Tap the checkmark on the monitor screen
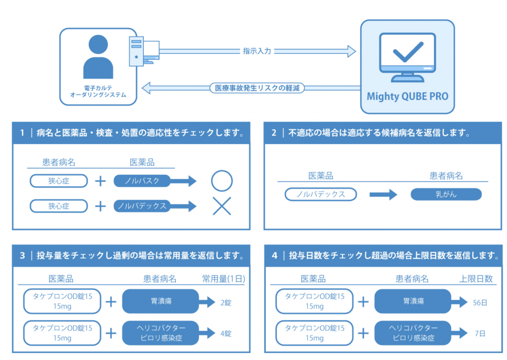(x=408, y=52)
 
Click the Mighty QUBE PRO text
(x=407, y=97)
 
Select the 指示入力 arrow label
(x=257, y=51)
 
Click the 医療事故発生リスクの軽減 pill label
(x=257, y=88)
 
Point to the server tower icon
(x=136, y=51)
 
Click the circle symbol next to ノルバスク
(x=222, y=181)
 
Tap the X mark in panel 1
(x=222, y=206)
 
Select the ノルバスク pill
(x=142, y=181)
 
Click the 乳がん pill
(x=446, y=195)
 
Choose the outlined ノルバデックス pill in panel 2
(x=321, y=195)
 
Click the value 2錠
(x=226, y=303)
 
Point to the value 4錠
(x=226, y=333)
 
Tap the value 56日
(x=480, y=303)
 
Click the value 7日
(x=480, y=333)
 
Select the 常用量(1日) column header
(x=223, y=279)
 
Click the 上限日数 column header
(x=476, y=279)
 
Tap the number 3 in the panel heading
(x=22, y=256)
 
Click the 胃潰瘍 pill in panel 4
(x=413, y=302)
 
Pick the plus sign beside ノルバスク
(x=101, y=181)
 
